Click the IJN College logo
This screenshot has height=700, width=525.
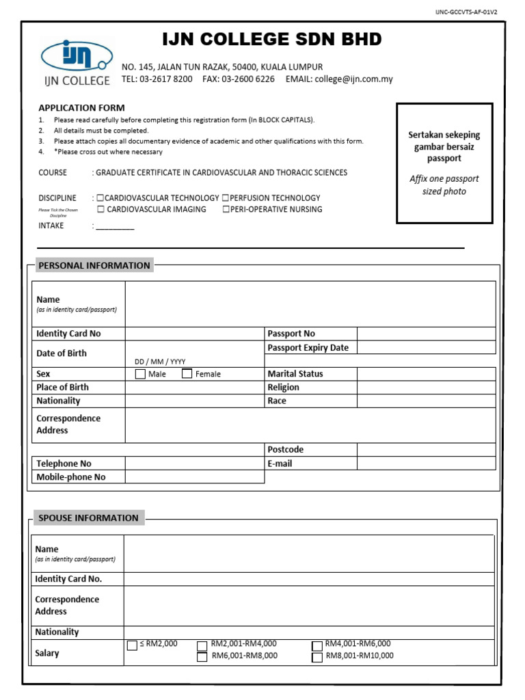click(76, 62)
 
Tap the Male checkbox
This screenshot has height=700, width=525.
click(140, 374)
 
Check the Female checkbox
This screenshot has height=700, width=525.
click(187, 374)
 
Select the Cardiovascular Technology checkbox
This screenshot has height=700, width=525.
click(100, 198)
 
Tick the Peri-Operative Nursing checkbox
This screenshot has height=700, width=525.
click(226, 210)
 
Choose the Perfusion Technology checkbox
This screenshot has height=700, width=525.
click(226, 198)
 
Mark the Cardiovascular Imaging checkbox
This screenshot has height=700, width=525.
click(101, 210)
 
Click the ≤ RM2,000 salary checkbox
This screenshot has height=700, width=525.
click(132, 645)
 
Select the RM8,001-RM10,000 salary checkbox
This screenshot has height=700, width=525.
click(317, 657)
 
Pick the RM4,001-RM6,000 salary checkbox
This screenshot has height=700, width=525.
click(317, 645)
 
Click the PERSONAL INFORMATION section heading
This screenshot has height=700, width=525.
click(94, 265)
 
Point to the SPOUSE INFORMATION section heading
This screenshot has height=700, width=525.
click(88, 517)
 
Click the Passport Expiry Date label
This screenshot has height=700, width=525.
click(308, 347)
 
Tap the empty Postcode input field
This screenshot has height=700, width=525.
click(426, 450)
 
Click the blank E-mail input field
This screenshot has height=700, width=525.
click(426, 463)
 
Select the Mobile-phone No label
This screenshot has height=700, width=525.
click(71, 477)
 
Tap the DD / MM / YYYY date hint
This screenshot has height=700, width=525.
click(160, 362)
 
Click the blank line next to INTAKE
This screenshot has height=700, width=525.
click(115, 226)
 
